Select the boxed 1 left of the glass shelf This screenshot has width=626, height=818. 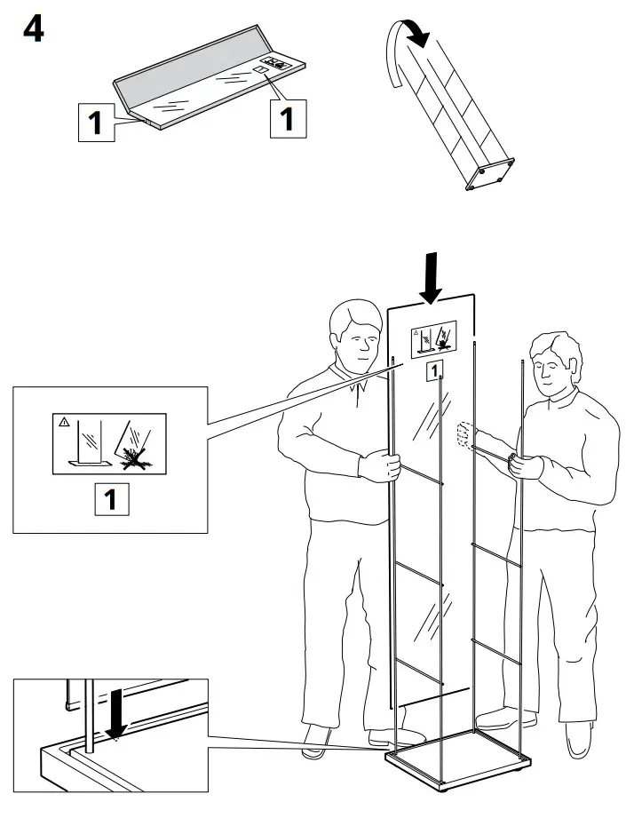pyautogui.click(x=96, y=123)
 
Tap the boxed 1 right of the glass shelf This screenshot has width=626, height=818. pyautogui.click(x=287, y=117)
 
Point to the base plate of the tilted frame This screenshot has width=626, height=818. pyautogui.click(x=489, y=172)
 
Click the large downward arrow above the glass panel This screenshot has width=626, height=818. pyautogui.click(x=432, y=275)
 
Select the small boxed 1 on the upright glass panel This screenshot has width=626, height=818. pyautogui.click(x=434, y=371)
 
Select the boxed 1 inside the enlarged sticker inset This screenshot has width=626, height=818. pyautogui.click(x=111, y=499)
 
